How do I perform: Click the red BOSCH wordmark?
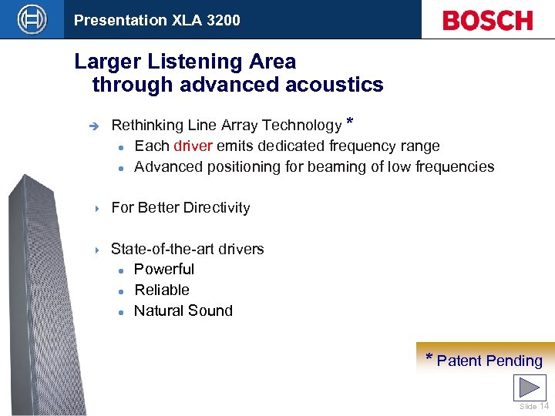(x=487, y=20)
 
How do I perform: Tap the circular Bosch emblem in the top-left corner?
(x=32, y=19)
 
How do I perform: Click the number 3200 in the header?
(x=224, y=21)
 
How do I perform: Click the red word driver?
(x=193, y=146)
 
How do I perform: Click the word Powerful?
(x=163, y=270)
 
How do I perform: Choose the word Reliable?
(x=161, y=290)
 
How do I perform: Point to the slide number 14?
(x=544, y=407)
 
